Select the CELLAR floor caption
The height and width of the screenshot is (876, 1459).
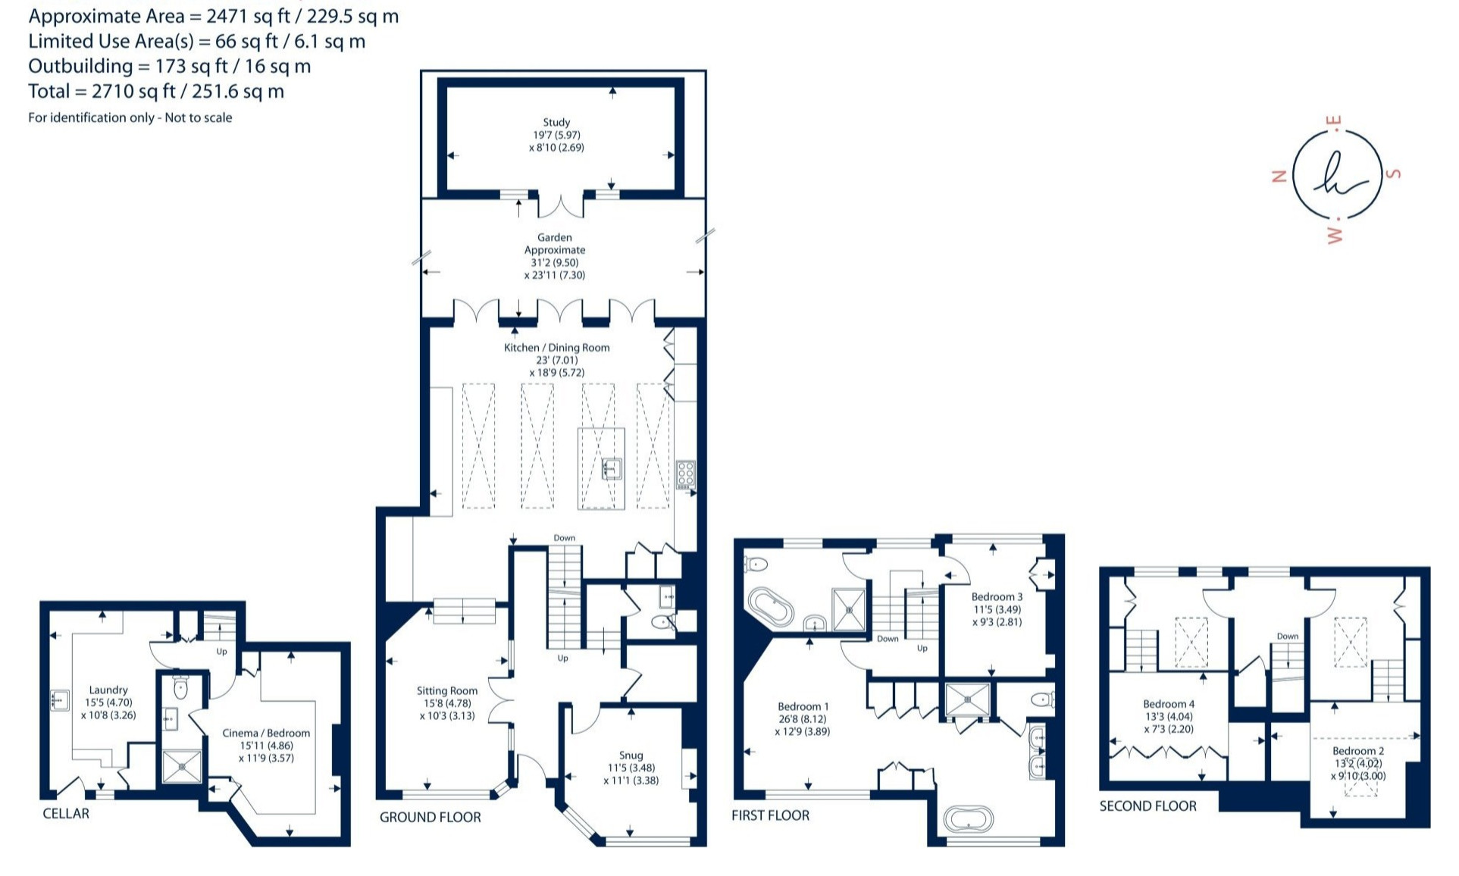point(66,813)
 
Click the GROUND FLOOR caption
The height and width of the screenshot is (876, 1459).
point(430,817)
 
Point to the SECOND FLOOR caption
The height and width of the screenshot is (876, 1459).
point(1148,806)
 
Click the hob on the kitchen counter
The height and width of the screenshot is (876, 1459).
point(685,474)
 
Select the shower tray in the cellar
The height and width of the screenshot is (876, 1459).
point(183,767)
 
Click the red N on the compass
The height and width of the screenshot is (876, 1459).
point(1279,177)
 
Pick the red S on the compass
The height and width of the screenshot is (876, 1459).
point(1394,174)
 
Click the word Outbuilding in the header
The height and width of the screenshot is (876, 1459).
point(80,67)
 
